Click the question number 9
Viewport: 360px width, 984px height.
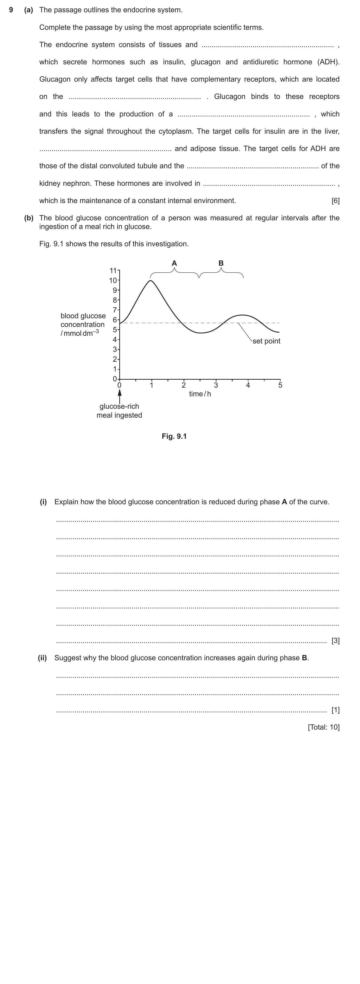click(x=11, y=10)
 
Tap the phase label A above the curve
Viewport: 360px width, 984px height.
click(x=174, y=263)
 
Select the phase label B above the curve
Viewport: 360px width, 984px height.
click(x=221, y=263)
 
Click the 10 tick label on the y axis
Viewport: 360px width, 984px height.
click(x=113, y=280)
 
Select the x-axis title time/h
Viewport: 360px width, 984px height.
click(x=200, y=394)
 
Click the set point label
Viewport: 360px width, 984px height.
click(x=266, y=341)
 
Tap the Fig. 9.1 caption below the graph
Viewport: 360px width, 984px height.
click(x=174, y=436)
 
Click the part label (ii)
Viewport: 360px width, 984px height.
click(x=42, y=658)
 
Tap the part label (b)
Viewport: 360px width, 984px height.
click(x=29, y=218)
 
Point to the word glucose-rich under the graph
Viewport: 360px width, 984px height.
click(x=119, y=406)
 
